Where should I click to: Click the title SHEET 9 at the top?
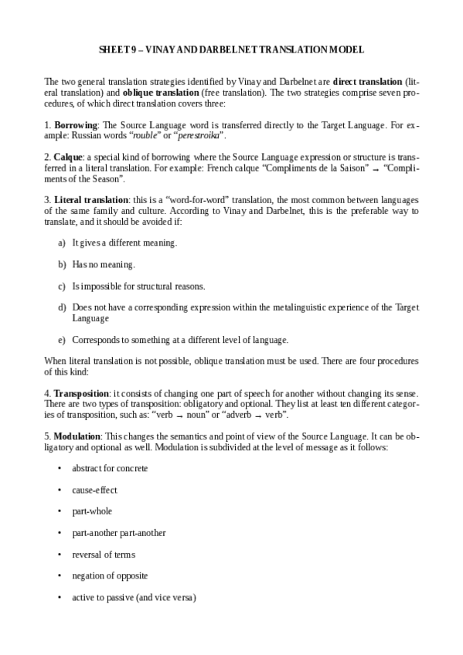click(x=231, y=49)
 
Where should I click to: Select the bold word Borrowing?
click(x=75, y=124)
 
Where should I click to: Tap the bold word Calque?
click(x=68, y=156)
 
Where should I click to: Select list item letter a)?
click(x=62, y=243)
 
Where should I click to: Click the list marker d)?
click(x=62, y=307)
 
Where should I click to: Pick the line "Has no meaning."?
click(x=104, y=264)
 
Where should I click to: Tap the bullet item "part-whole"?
click(x=92, y=511)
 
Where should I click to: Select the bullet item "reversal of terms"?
click(x=104, y=555)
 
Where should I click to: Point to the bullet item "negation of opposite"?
click(x=110, y=576)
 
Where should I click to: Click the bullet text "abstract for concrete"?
click(x=110, y=468)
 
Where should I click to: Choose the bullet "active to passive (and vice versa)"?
click(x=134, y=598)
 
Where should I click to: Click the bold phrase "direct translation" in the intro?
click(x=373, y=81)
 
